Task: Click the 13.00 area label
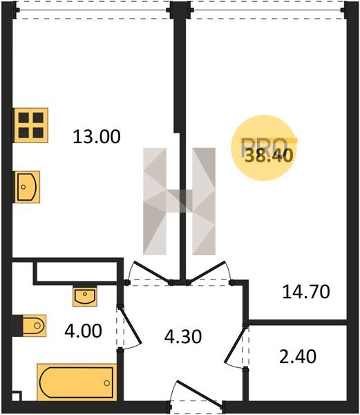pyautogui.click(x=97, y=136)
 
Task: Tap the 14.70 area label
pyautogui.click(x=306, y=292)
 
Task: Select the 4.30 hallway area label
pyautogui.click(x=183, y=337)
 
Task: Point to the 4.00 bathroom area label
pyautogui.click(x=83, y=331)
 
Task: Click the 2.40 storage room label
pyautogui.click(x=298, y=356)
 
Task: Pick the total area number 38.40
pyautogui.click(x=269, y=156)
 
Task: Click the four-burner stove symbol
pyautogui.click(x=31, y=125)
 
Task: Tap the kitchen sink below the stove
pyautogui.click(x=27, y=187)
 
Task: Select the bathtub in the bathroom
pyautogui.click(x=77, y=382)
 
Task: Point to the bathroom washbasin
pyautogui.click(x=85, y=297)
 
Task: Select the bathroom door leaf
pyautogui.click(x=131, y=325)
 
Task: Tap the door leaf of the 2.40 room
pyautogui.click(x=235, y=344)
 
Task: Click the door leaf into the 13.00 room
pyautogui.click(x=151, y=272)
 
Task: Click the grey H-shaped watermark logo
pyautogui.click(x=179, y=201)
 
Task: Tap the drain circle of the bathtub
pyautogui.click(x=107, y=382)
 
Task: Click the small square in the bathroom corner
pyautogui.click(x=17, y=396)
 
